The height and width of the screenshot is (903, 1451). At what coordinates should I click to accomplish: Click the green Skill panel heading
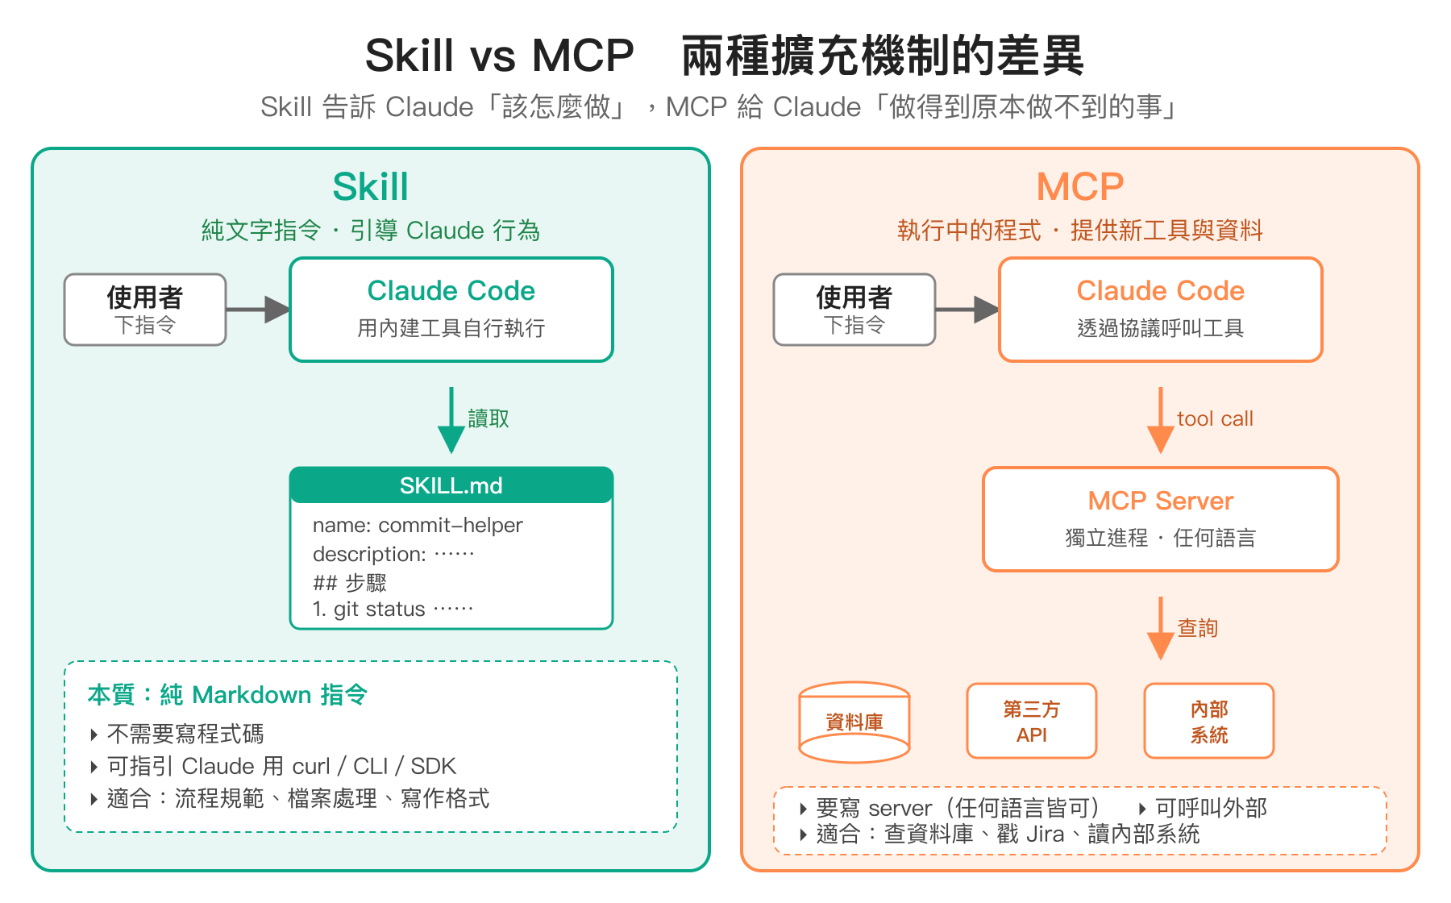(x=370, y=187)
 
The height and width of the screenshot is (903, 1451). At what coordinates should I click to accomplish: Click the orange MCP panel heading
(x=1079, y=187)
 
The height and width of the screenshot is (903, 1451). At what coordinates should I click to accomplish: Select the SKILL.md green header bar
(x=451, y=485)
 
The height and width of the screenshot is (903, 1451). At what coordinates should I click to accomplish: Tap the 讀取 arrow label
(x=489, y=418)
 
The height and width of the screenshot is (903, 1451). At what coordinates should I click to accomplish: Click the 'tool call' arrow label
(x=1215, y=418)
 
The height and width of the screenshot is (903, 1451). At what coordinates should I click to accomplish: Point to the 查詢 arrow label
(x=1197, y=628)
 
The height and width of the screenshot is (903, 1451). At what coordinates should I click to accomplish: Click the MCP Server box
(x=1160, y=519)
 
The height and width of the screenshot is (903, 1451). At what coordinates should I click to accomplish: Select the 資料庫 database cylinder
(x=854, y=722)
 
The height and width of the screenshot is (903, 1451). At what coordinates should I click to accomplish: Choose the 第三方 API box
(x=1031, y=721)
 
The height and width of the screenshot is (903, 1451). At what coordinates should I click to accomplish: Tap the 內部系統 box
(x=1208, y=721)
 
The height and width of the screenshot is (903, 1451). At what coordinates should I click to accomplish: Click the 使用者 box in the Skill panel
(x=145, y=310)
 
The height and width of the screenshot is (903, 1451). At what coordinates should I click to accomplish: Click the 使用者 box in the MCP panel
(x=854, y=310)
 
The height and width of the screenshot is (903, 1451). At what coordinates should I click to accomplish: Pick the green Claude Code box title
(x=451, y=291)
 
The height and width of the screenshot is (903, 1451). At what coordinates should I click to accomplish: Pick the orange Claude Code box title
(x=1160, y=291)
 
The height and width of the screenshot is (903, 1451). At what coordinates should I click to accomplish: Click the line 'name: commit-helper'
(x=418, y=526)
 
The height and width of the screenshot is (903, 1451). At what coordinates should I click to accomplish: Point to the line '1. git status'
(x=393, y=609)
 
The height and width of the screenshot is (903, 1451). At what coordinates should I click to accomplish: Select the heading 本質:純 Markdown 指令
(x=227, y=695)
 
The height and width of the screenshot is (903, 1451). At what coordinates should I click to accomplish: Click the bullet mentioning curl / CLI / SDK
(x=281, y=766)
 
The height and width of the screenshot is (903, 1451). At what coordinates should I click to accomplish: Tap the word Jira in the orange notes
(x=1046, y=834)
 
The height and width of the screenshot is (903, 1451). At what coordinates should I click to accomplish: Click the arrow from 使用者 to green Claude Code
(x=257, y=309)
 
